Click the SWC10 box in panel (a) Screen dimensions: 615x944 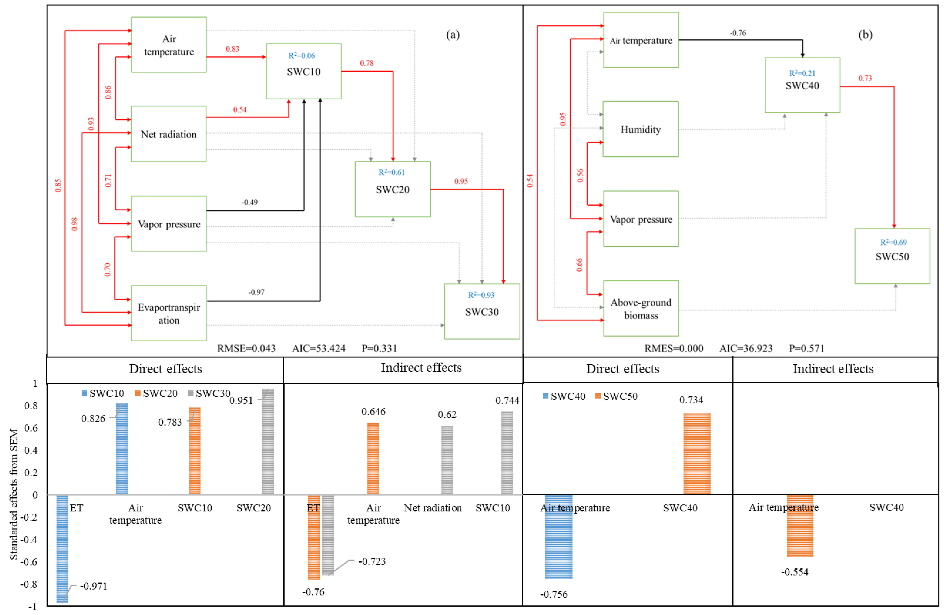click(x=303, y=71)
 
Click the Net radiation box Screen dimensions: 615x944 click(x=169, y=134)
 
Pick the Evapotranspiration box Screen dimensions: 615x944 click(x=169, y=313)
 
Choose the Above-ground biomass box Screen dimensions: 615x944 click(x=641, y=309)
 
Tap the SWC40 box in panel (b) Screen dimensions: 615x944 click(x=802, y=85)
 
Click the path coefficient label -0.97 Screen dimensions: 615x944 click(x=256, y=292)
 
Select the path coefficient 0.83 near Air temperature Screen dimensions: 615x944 click(x=232, y=49)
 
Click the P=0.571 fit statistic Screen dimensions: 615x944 click(x=806, y=348)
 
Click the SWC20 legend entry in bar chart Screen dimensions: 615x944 click(x=156, y=393)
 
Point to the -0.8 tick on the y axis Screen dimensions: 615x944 click(x=29, y=584)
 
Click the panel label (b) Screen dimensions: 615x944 click(x=865, y=35)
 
